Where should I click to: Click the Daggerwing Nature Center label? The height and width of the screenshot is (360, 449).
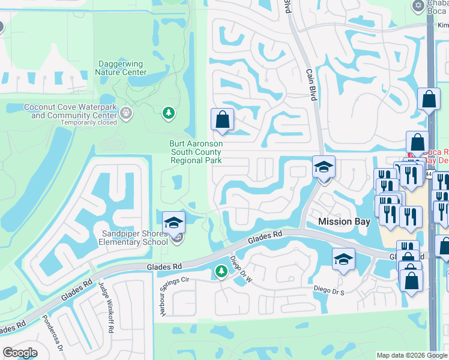click(121, 68)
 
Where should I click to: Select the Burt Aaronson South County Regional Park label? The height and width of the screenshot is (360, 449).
click(196, 152)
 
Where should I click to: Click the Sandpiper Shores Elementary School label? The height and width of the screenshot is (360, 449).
click(134, 238)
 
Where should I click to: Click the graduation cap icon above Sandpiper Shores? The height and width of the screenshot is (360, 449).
click(173, 222)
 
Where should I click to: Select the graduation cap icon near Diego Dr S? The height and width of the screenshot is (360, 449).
click(343, 259)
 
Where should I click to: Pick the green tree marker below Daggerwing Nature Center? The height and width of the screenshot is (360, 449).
click(169, 112)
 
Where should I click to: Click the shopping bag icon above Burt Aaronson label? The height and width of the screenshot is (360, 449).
click(222, 119)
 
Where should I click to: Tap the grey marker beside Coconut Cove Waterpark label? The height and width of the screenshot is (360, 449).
click(126, 112)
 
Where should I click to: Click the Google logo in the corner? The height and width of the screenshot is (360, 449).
click(20, 353)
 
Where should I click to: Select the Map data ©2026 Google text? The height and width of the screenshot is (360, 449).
click(411, 355)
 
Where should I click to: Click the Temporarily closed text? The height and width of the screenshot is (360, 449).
click(88, 122)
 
